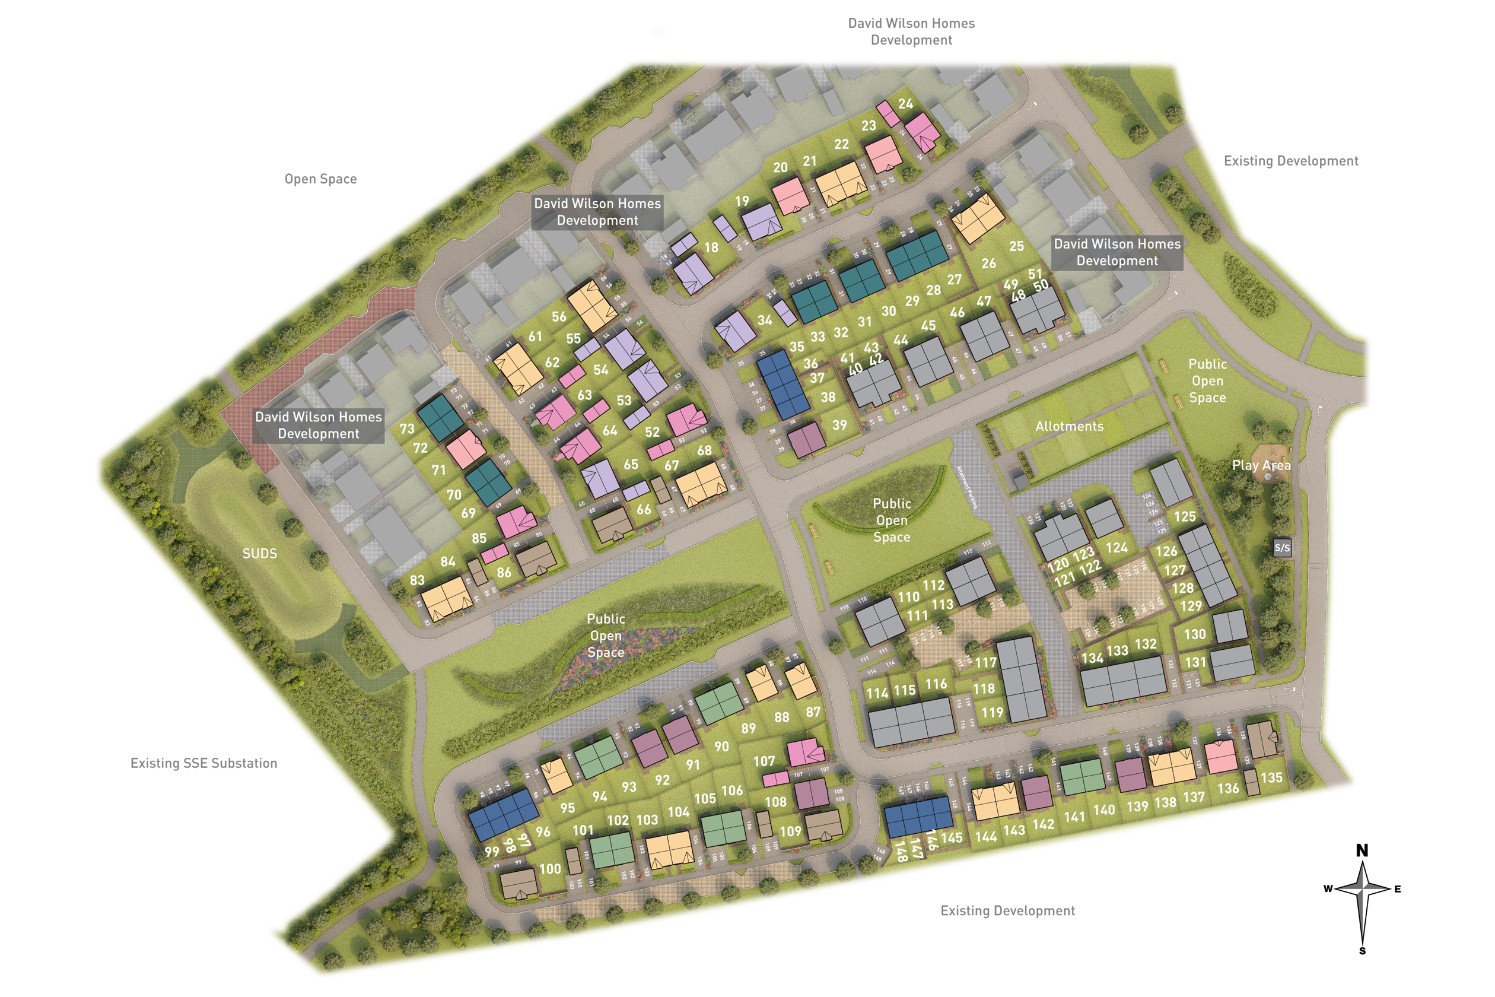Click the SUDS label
[259, 554]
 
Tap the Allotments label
[1069, 427]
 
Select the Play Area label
[1261, 465]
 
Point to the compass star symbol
[1362, 890]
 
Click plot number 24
[906, 104]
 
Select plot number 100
[550, 869]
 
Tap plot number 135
[1271, 777]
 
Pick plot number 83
[417, 580]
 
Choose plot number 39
[839, 426]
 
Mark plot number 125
[1185, 517]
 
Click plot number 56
[559, 317]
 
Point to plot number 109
[790, 831]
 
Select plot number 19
[742, 202]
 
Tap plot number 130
[1194, 634]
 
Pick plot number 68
[704, 451]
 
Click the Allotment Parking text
[968, 487]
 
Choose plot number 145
[952, 838]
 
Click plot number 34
[765, 320]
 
